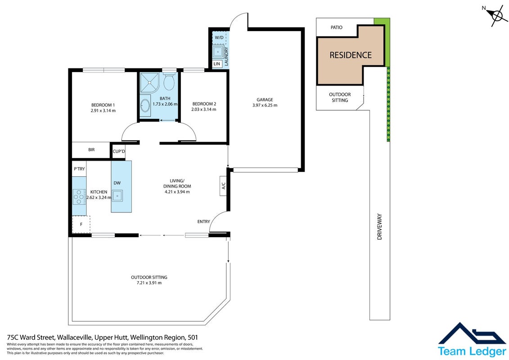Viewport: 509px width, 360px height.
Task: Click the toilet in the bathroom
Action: pos(169,81)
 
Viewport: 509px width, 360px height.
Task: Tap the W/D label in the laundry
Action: pos(219,38)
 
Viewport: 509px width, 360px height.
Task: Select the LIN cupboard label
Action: pos(217,64)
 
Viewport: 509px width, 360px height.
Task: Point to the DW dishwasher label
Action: pos(117,183)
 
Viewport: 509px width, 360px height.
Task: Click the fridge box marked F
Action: pos(81,224)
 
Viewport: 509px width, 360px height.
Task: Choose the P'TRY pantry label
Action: pos(79,169)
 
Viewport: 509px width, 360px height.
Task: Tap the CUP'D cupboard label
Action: pos(119,151)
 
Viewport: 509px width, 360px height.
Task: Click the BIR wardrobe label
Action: pos(91,150)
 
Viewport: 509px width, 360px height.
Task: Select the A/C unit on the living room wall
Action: pos(223,186)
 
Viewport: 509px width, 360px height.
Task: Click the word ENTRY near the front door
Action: pos(203,222)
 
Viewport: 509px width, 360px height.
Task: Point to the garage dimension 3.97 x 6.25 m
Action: pos(265,105)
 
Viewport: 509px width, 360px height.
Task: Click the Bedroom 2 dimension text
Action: pos(204,109)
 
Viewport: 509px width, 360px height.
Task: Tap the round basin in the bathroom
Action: pos(145,105)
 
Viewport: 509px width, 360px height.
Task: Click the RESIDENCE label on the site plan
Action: pos(351,55)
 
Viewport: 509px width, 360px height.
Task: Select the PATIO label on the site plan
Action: pos(337,27)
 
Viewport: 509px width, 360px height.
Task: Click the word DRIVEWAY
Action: pos(379,227)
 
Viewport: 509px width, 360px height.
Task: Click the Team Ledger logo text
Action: pos(472,351)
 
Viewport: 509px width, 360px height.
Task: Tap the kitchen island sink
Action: pos(117,196)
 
